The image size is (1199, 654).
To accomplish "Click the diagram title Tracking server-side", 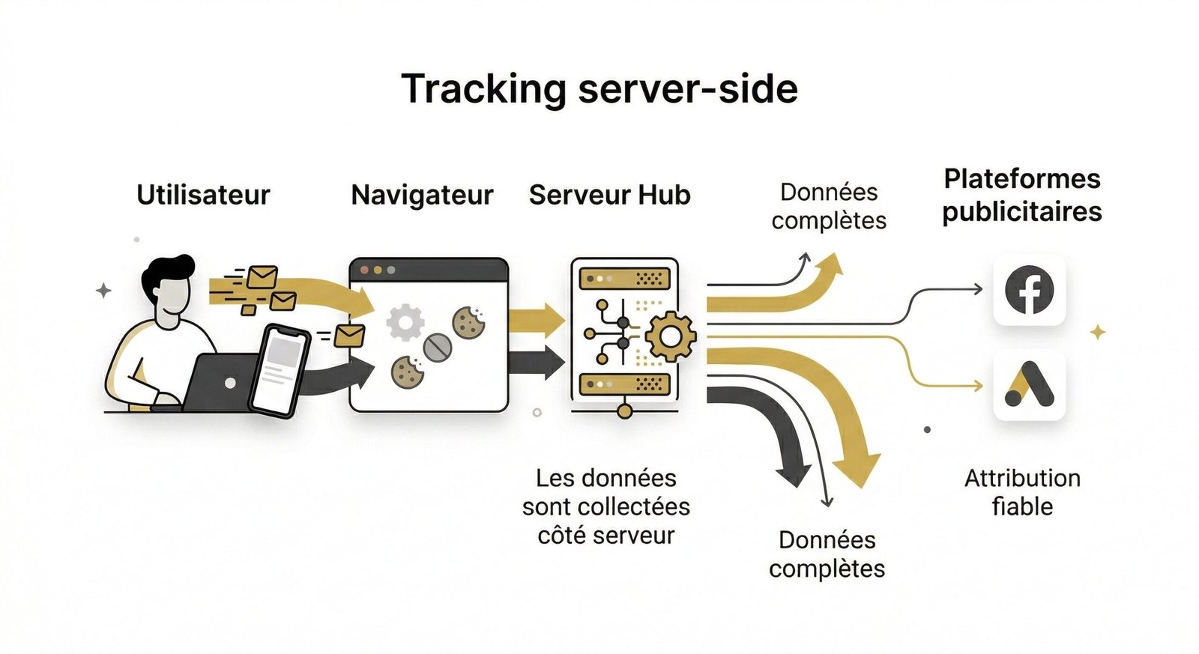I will point(599,88).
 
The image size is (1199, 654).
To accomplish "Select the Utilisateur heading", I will point(203,195).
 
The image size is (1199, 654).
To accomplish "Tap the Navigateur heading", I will point(422,195).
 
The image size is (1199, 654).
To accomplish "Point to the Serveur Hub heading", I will point(609,195).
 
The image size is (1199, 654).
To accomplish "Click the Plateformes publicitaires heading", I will point(1021,195).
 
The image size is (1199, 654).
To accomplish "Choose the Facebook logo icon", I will point(1029,291).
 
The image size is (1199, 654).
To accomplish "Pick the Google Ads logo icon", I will point(1029,385).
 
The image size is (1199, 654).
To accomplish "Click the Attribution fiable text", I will point(1022,492).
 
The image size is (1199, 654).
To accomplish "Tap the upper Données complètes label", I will point(829,206).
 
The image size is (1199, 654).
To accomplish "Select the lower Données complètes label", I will point(827,554).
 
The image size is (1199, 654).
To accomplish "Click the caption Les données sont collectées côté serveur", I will point(605,506).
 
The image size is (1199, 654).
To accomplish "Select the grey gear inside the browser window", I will point(405,322).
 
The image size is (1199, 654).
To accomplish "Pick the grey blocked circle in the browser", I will point(437,347).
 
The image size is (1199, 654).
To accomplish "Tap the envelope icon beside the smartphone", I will point(349,335).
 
